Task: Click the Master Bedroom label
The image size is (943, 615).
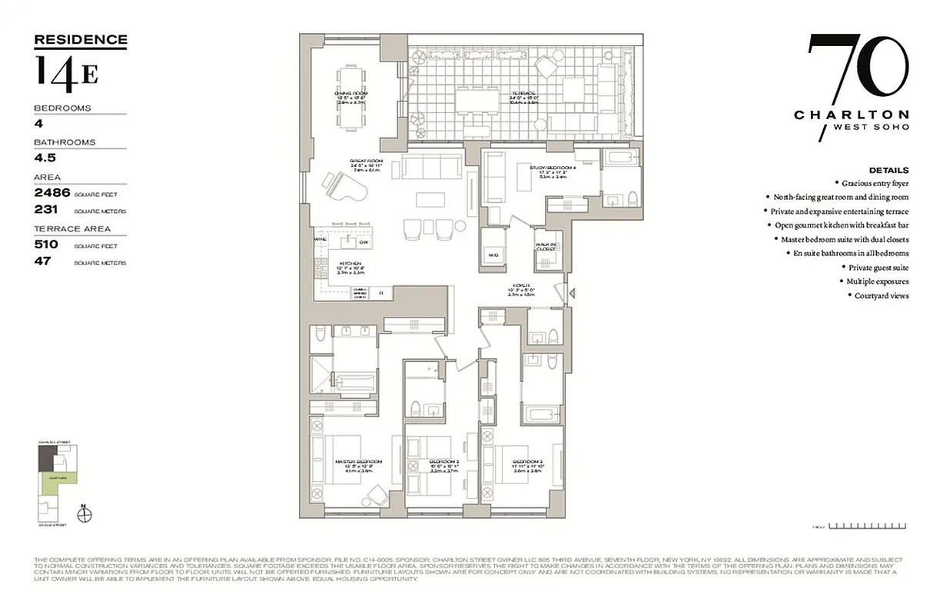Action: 357,461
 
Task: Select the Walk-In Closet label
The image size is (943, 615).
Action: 546,247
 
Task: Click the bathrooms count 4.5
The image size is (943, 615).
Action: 45,158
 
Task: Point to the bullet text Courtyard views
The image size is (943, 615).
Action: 882,295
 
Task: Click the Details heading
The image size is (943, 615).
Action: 888,170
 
